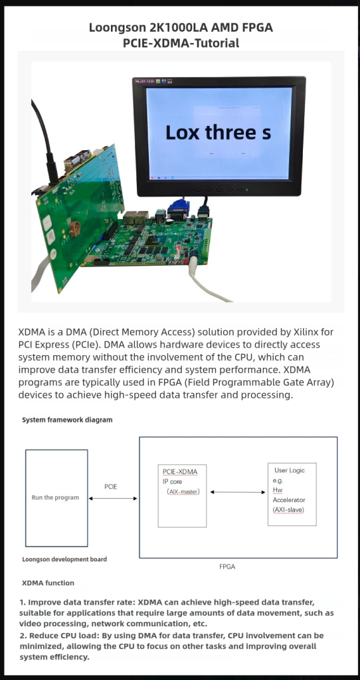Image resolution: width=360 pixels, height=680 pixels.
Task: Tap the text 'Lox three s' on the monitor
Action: click(x=218, y=132)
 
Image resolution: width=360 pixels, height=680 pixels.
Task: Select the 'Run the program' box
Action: click(x=56, y=498)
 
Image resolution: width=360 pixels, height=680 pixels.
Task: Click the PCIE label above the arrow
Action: click(x=111, y=487)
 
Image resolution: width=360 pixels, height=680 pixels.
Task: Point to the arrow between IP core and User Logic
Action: click(x=238, y=492)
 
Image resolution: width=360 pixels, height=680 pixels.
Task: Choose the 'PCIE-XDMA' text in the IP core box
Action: click(x=180, y=472)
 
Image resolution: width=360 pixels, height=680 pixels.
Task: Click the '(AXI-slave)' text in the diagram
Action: click(x=288, y=509)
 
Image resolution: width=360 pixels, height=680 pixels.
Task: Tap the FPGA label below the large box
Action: click(x=227, y=567)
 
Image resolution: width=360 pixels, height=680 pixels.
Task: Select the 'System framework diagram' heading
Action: click(x=67, y=420)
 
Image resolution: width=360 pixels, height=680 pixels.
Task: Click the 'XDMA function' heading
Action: click(x=48, y=583)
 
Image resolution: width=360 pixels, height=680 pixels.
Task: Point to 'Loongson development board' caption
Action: click(x=64, y=559)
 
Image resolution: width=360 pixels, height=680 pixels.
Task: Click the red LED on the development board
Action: click(x=178, y=248)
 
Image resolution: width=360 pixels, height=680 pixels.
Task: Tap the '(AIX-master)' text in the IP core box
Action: click(x=183, y=492)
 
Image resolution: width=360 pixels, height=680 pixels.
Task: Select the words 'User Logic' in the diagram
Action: click(x=290, y=471)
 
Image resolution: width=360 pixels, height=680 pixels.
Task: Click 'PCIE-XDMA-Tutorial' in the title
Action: click(x=181, y=43)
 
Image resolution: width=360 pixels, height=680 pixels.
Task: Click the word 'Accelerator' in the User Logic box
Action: click(x=289, y=500)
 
